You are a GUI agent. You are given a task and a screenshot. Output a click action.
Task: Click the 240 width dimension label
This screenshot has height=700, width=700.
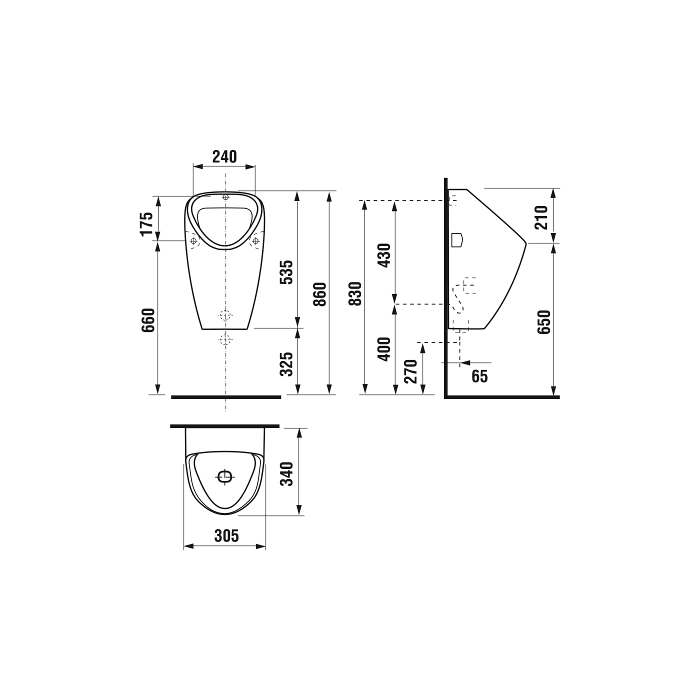[x=224, y=156]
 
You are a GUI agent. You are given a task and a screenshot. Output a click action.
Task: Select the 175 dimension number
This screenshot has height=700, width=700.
[x=147, y=224]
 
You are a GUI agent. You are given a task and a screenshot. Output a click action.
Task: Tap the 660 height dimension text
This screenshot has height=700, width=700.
[x=148, y=320]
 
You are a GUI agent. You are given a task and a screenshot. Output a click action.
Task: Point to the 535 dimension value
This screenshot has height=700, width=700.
[x=286, y=272]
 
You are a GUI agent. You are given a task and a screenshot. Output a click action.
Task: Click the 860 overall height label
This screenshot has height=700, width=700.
[x=320, y=294]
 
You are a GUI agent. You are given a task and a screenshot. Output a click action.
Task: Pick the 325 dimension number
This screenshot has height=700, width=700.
[x=286, y=364]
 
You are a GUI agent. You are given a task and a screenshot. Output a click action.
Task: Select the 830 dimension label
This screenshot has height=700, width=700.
[x=355, y=293]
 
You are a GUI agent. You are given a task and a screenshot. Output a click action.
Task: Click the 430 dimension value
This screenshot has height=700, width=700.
[x=384, y=255]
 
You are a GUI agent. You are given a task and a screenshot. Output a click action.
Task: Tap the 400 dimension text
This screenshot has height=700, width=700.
[x=384, y=349]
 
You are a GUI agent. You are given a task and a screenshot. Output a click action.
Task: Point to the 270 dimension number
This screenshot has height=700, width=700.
[x=411, y=371]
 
